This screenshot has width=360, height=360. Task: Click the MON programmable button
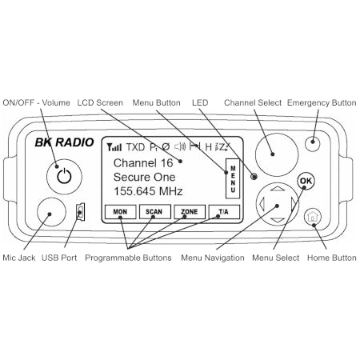(x=121, y=212)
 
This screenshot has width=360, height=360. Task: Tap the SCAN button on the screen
(x=155, y=212)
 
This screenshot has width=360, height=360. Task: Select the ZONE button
(x=190, y=212)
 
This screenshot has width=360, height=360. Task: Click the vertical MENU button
(x=233, y=178)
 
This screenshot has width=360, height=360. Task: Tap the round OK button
(x=306, y=181)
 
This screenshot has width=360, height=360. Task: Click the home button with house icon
(x=313, y=216)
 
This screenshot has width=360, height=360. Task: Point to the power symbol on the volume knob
(x=64, y=176)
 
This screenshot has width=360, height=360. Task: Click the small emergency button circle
(x=312, y=144)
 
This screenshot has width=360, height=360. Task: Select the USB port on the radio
(x=81, y=212)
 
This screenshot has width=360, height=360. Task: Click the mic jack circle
(x=51, y=212)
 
